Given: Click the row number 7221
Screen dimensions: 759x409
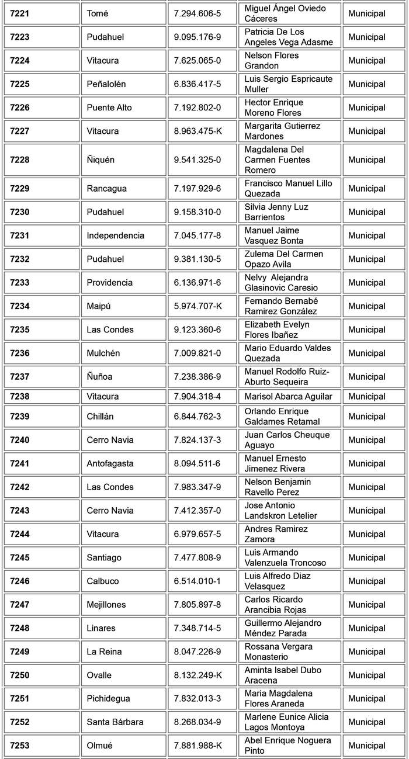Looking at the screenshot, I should point(19,13).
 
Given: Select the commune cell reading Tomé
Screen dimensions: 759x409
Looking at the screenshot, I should point(98,13).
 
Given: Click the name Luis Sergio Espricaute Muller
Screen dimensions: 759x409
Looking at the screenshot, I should point(288,84).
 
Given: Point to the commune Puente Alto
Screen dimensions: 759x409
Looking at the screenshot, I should point(109,108).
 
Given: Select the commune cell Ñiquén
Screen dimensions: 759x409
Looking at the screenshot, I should point(101,160).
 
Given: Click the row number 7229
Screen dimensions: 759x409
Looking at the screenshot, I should point(19,189).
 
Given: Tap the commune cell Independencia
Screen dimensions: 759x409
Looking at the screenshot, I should point(115,235).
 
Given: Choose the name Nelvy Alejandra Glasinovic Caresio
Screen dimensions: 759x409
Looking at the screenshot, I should point(281,283).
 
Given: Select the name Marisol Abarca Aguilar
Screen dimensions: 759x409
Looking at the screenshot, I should point(288,396).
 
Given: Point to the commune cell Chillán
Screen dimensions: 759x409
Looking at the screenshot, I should point(100,417).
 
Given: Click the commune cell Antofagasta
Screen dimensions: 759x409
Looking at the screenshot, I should point(110,463).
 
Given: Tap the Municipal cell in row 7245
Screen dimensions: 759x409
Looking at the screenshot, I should point(366,557).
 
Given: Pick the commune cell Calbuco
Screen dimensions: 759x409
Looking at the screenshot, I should point(103,581).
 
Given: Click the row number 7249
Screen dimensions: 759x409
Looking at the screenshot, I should point(19,651).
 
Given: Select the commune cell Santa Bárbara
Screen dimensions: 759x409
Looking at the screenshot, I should point(115,722).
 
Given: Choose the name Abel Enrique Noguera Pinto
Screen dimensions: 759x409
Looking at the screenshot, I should point(287,746).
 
